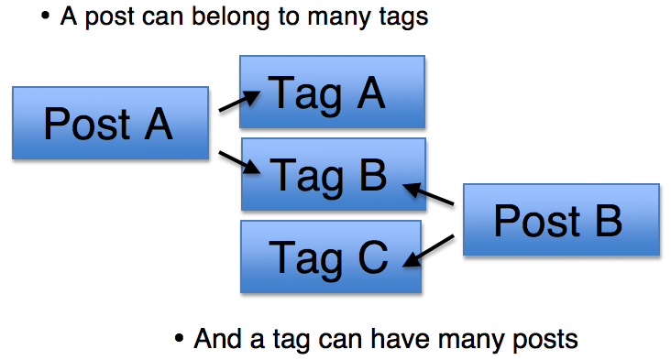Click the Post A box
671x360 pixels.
click(x=110, y=124)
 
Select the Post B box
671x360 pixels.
click(x=561, y=220)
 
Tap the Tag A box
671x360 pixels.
click(x=332, y=92)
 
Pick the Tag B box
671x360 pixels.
click(x=332, y=174)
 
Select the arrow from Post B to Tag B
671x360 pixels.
click(x=430, y=193)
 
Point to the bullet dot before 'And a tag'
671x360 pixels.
click(x=180, y=340)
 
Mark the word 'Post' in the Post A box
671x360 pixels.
click(x=86, y=124)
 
